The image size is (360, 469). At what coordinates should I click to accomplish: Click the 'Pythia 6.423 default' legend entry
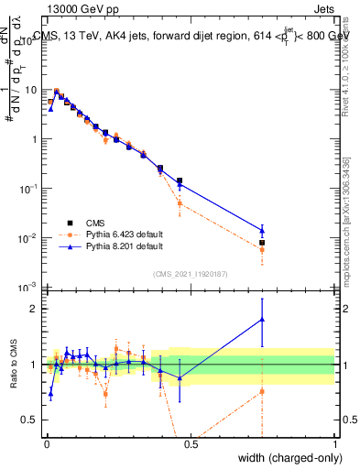click(x=124, y=234)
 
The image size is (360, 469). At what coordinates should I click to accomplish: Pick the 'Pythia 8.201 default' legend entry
click(x=124, y=246)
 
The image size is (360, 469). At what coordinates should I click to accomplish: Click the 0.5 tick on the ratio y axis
click(x=31, y=420)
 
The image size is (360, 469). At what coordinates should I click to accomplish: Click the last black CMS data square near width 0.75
click(x=262, y=243)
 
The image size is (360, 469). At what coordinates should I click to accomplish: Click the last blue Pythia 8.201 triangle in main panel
click(x=262, y=230)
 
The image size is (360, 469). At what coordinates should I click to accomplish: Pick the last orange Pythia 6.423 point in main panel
click(x=262, y=249)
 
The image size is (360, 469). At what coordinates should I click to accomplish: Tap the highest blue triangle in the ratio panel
click(x=262, y=319)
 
